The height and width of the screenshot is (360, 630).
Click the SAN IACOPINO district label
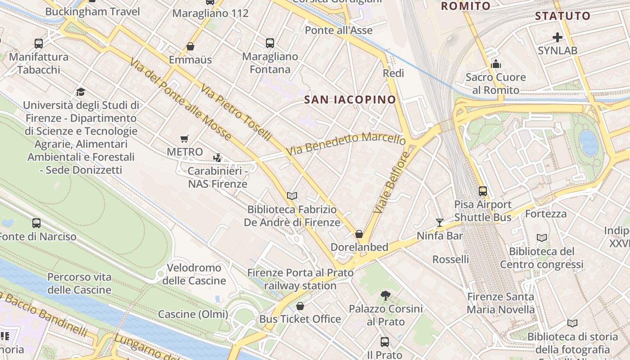tap(350, 99)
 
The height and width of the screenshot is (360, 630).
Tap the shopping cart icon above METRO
tap(184, 139)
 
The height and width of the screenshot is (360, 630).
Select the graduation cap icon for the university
tap(81, 92)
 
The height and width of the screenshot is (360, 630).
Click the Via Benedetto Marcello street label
tap(346, 143)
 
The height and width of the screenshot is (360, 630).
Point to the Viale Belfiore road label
tap(392, 182)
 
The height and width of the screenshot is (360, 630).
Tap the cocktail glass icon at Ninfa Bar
tap(440, 222)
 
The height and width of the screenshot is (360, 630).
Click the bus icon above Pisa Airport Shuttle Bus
tap(483, 191)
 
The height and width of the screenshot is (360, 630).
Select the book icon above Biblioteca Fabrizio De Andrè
tap(292, 196)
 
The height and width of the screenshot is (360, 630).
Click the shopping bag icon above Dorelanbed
tap(359, 234)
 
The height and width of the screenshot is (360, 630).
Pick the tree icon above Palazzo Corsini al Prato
tap(385, 296)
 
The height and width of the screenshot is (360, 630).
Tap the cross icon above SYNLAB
tap(558, 37)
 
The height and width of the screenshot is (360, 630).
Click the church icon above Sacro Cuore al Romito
tap(496, 64)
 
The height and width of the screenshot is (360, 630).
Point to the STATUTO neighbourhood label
tap(562, 16)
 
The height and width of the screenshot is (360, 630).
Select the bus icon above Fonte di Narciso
tap(36, 223)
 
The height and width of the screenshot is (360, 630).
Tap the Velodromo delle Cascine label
tap(194, 274)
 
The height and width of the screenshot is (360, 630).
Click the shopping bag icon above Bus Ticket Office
tap(300, 306)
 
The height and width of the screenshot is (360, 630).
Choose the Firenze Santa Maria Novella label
tap(500, 303)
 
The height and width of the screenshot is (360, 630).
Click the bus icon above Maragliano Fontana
tap(270, 43)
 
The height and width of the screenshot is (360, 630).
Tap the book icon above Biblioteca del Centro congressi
tap(542, 238)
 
